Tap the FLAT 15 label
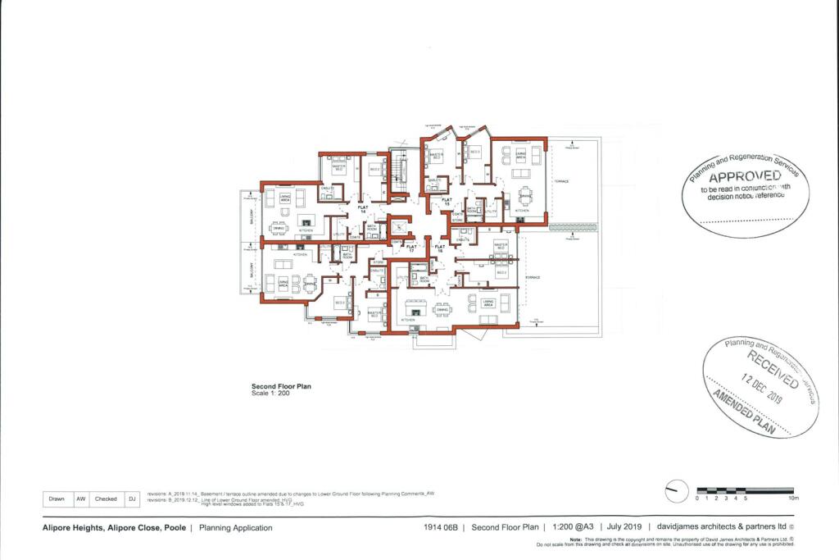pyautogui.click(x=447, y=201)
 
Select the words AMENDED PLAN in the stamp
pyautogui.click(x=748, y=409)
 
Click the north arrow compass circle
pyautogui.click(x=676, y=491)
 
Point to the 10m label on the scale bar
pyautogui.click(x=792, y=499)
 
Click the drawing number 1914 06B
pyautogui.click(x=441, y=528)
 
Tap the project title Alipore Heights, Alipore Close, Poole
pyautogui.click(x=114, y=528)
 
